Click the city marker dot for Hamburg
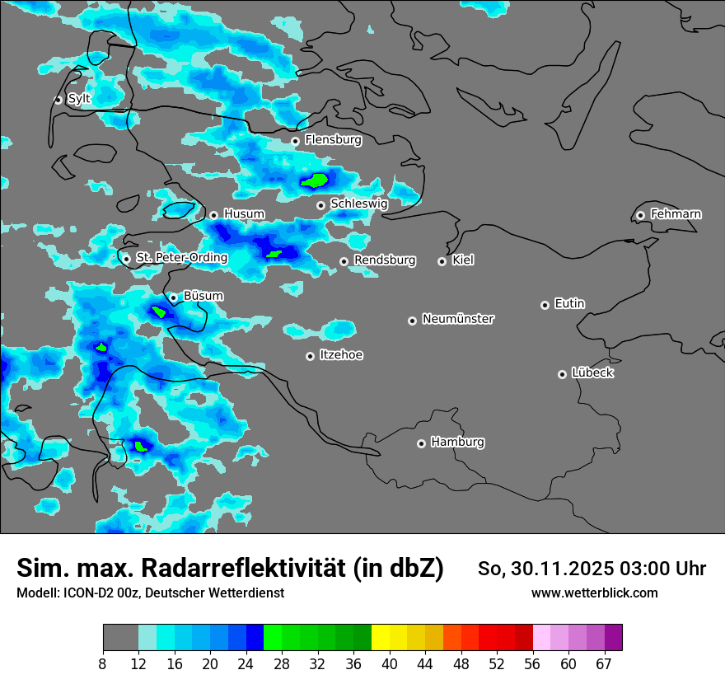pyautogui.click(x=421, y=443)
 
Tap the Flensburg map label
pyautogui.click(x=333, y=140)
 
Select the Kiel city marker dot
pyautogui.click(x=442, y=261)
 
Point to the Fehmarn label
pyautogui.click(x=676, y=214)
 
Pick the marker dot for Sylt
pyautogui.click(x=58, y=100)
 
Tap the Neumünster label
pyautogui.click(x=458, y=319)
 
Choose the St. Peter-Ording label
pyautogui.click(x=181, y=258)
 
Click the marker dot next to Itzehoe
pyautogui.click(x=310, y=356)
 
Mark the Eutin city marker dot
pyautogui.click(x=545, y=305)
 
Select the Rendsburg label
pyautogui.click(x=385, y=260)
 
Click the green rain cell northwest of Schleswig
pyautogui.click(x=315, y=180)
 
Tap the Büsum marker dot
pyautogui.click(x=173, y=297)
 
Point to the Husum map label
pyautogui.click(x=244, y=214)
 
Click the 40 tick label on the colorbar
pyautogui.click(x=389, y=664)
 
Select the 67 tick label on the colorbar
pyautogui.click(x=604, y=664)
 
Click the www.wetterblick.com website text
pyautogui.click(x=594, y=593)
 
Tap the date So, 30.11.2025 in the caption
pyautogui.click(x=547, y=569)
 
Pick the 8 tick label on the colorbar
pyautogui.click(x=103, y=664)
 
